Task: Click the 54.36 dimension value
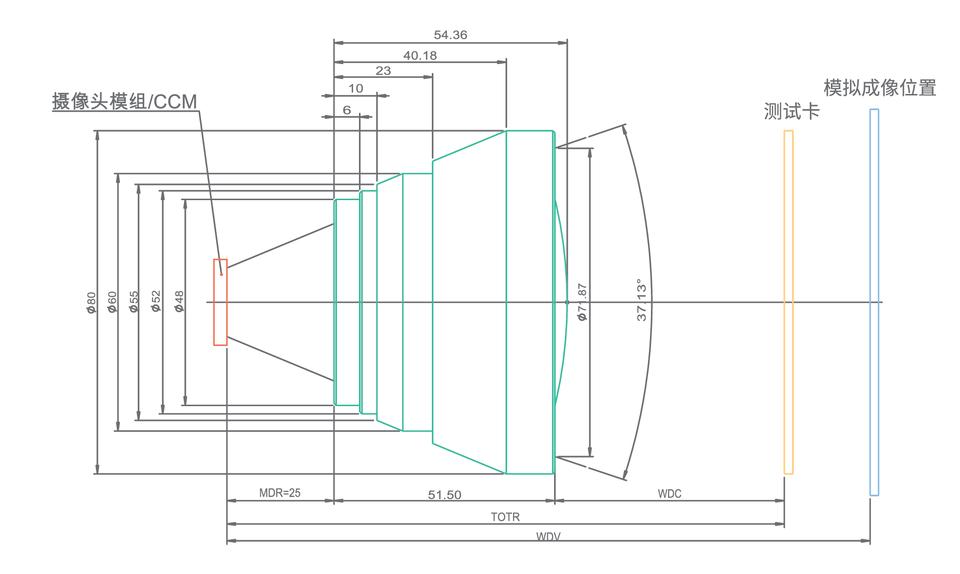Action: [x=450, y=35]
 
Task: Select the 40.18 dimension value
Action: [x=420, y=56]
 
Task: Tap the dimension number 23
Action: [x=383, y=71]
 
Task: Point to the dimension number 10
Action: [x=356, y=89]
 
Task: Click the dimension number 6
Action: [x=347, y=110]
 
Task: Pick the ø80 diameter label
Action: [x=91, y=303]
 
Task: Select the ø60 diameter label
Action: [x=112, y=302]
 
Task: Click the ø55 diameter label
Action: [x=134, y=302]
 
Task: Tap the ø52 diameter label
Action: [x=156, y=301]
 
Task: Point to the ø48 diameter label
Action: [x=179, y=301]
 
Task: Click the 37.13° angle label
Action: [x=642, y=300]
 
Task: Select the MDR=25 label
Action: [x=280, y=493]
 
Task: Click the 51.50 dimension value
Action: [x=445, y=495]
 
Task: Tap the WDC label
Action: [x=670, y=494]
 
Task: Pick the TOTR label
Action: [x=505, y=517]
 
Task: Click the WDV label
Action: [x=548, y=537]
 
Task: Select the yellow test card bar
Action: [x=788, y=302]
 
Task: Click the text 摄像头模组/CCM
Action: [x=125, y=102]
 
